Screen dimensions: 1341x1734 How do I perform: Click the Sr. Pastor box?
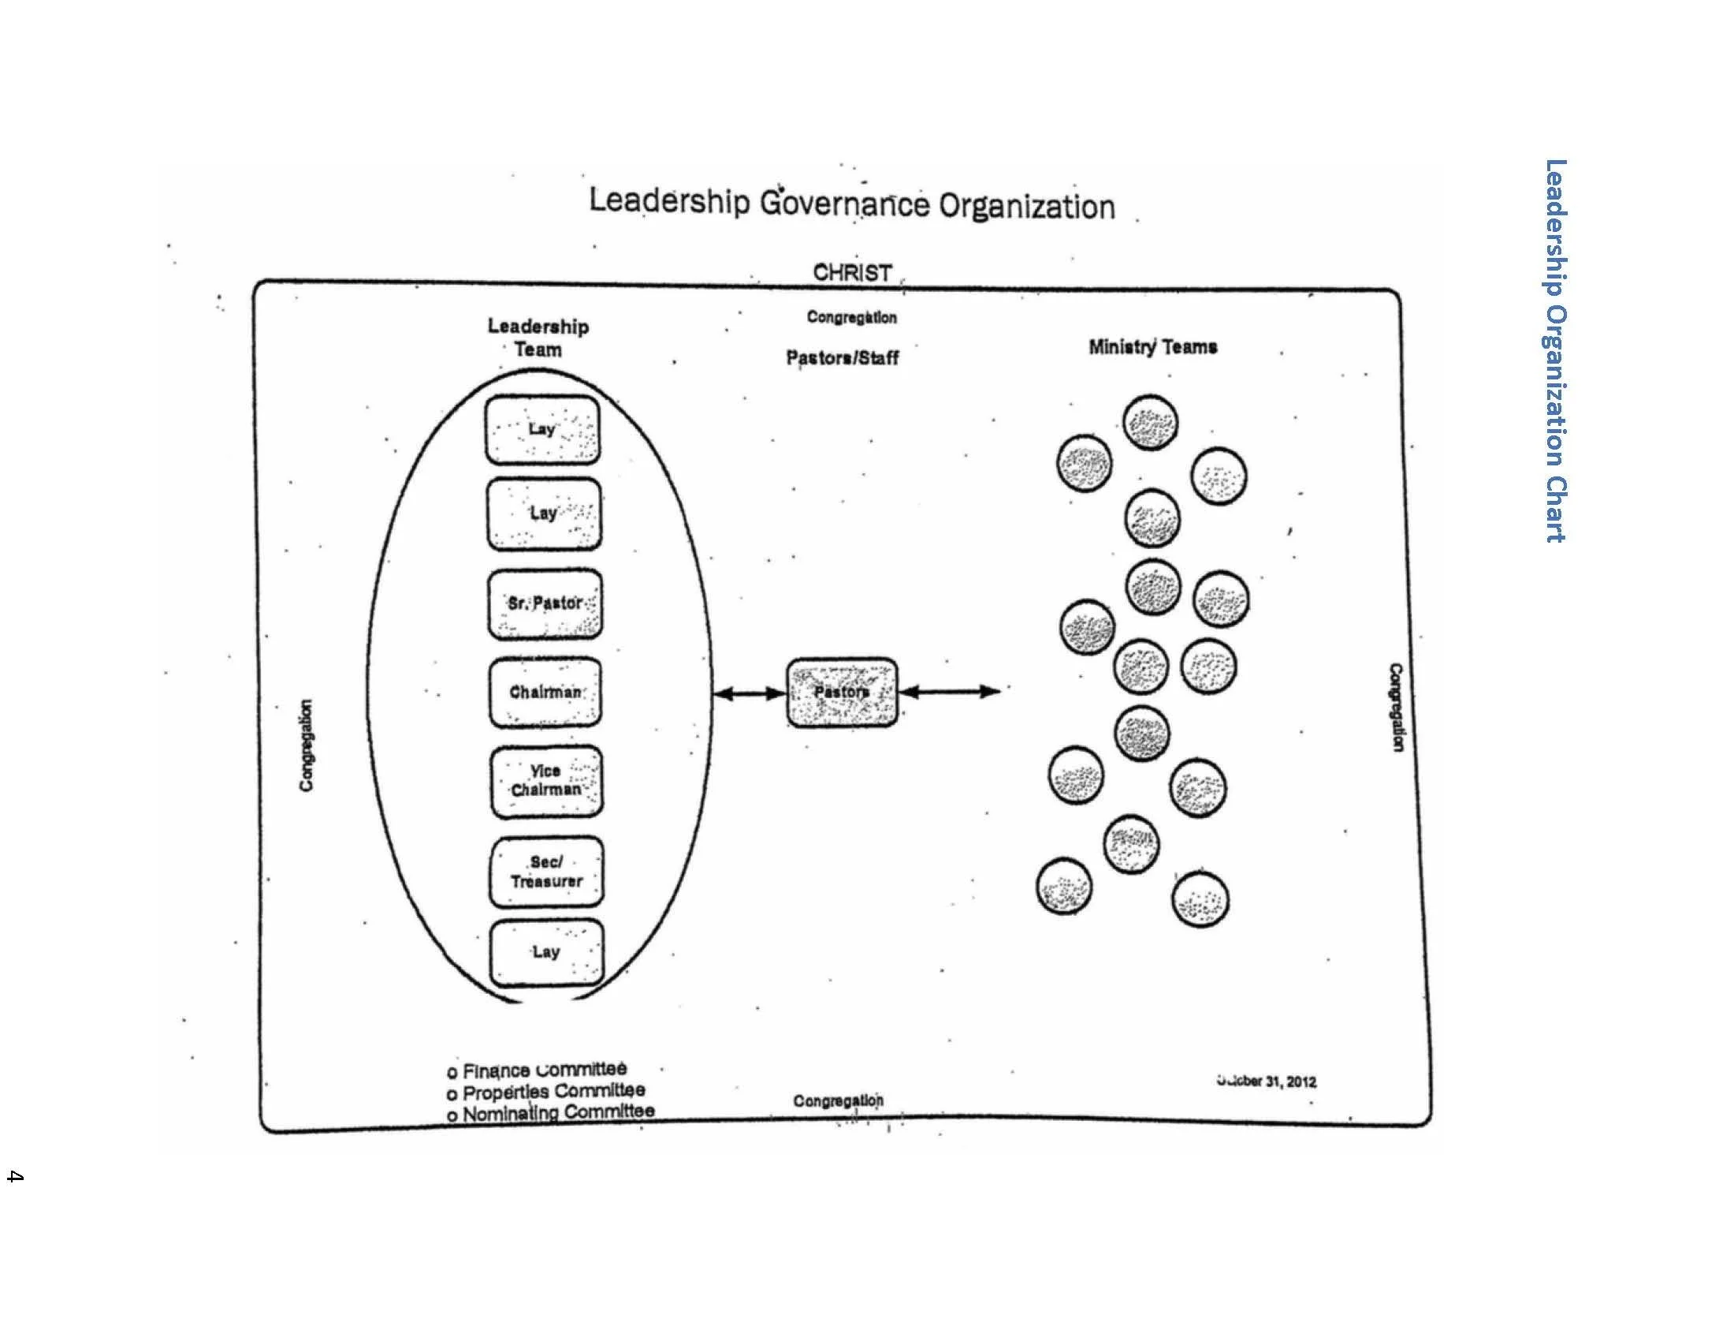545,603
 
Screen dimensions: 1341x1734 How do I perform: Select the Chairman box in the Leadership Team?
545,693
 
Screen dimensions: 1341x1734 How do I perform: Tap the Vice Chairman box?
546,781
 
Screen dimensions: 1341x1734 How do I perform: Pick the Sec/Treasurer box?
546,872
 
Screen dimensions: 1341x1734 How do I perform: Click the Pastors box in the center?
842,693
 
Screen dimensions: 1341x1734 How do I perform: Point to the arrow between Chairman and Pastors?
750,693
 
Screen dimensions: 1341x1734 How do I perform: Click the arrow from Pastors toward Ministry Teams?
950,692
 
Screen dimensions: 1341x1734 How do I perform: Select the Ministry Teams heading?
1152,347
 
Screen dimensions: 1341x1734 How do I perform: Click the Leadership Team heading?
538,338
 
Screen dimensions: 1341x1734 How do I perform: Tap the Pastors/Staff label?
842,358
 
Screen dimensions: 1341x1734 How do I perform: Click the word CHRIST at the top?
852,272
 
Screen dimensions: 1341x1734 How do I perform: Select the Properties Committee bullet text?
553,1092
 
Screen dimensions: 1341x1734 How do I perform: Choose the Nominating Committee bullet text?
558,1112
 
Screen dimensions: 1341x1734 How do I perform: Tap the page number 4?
14,1176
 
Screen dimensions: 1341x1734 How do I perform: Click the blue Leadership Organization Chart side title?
1555,350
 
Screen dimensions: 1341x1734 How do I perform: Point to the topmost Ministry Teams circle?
1150,423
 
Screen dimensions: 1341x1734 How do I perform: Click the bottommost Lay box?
546,952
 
